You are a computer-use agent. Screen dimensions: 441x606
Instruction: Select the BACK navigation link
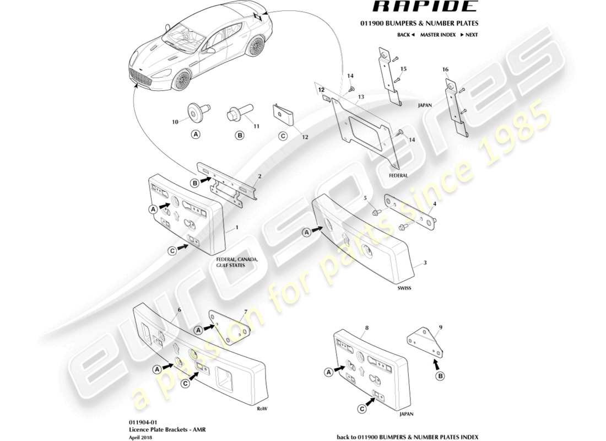pyautogui.click(x=404, y=35)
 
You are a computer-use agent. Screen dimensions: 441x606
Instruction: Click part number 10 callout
pyautogui.click(x=175, y=122)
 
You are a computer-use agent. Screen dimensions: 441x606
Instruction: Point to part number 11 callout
pyautogui.click(x=256, y=126)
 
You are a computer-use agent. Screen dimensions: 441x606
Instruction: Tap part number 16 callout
pyautogui.click(x=445, y=69)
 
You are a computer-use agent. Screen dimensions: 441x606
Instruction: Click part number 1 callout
pyautogui.click(x=236, y=227)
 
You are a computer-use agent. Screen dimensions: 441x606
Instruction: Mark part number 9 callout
pyautogui.click(x=440, y=326)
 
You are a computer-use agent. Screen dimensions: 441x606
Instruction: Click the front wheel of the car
pyautogui.click(x=181, y=82)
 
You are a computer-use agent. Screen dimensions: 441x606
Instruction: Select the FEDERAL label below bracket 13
pyautogui.click(x=398, y=175)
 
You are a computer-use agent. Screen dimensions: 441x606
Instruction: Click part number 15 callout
pyautogui.click(x=403, y=69)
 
